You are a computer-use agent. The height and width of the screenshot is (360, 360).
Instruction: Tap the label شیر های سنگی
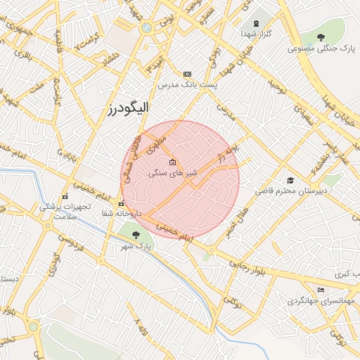176,172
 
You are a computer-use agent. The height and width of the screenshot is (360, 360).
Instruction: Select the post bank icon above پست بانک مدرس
187,74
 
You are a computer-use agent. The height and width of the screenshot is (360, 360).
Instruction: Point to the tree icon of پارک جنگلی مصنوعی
321,37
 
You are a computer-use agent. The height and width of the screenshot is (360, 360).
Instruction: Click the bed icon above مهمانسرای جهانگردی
321,290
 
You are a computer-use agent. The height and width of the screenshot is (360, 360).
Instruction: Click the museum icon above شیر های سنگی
173,162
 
